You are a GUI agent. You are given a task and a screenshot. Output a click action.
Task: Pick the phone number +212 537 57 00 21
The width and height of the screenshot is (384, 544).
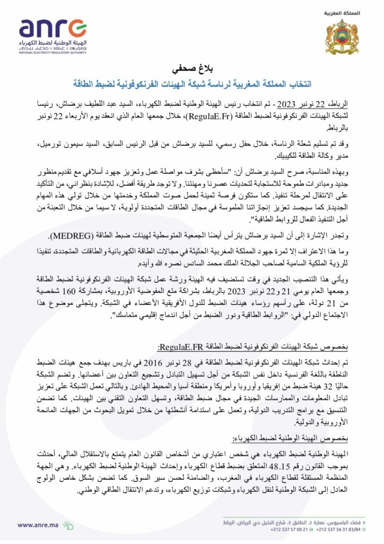287,533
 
